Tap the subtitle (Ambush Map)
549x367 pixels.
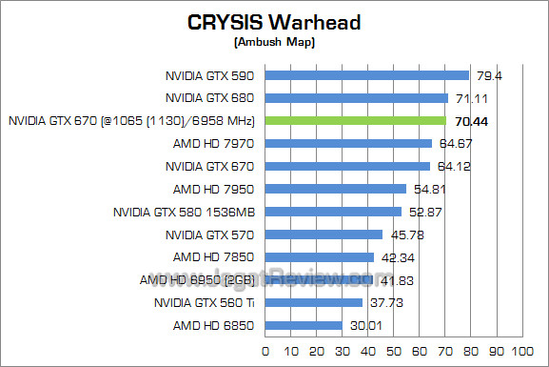click(273, 42)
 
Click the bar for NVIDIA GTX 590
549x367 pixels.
click(367, 75)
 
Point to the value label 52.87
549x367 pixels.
click(424, 212)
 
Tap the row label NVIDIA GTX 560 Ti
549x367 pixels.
click(206, 303)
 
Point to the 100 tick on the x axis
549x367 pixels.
click(520, 352)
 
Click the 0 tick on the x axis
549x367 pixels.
click(265, 352)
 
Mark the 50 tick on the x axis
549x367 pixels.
click(392, 352)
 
